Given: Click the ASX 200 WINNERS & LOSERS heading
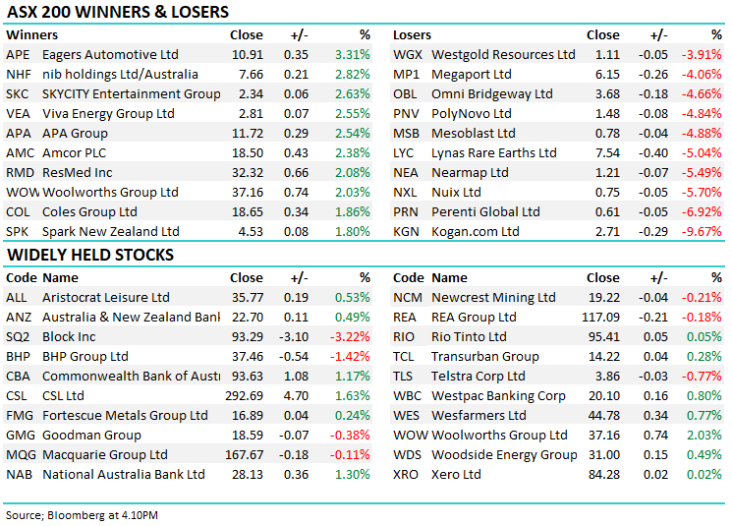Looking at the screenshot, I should (x=118, y=13).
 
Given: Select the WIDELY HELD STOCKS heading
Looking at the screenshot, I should (x=90, y=256).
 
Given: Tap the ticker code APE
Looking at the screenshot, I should (x=19, y=54).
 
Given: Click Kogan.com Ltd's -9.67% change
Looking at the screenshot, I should (x=703, y=231).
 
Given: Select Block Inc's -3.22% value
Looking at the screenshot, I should (x=351, y=336).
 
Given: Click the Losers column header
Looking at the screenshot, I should (x=412, y=34).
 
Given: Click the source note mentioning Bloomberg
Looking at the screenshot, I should (x=82, y=514).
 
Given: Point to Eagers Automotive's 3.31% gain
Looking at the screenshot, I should (x=352, y=54).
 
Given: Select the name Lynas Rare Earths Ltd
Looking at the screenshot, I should (x=493, y=152).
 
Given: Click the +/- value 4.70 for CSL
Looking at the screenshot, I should (x=296, y=395).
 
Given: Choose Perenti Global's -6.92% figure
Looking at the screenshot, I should (x=703, y=211).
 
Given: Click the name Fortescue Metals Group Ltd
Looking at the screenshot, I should (x=125, y=415).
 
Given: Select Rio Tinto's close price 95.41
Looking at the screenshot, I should (x=604, y=336).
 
